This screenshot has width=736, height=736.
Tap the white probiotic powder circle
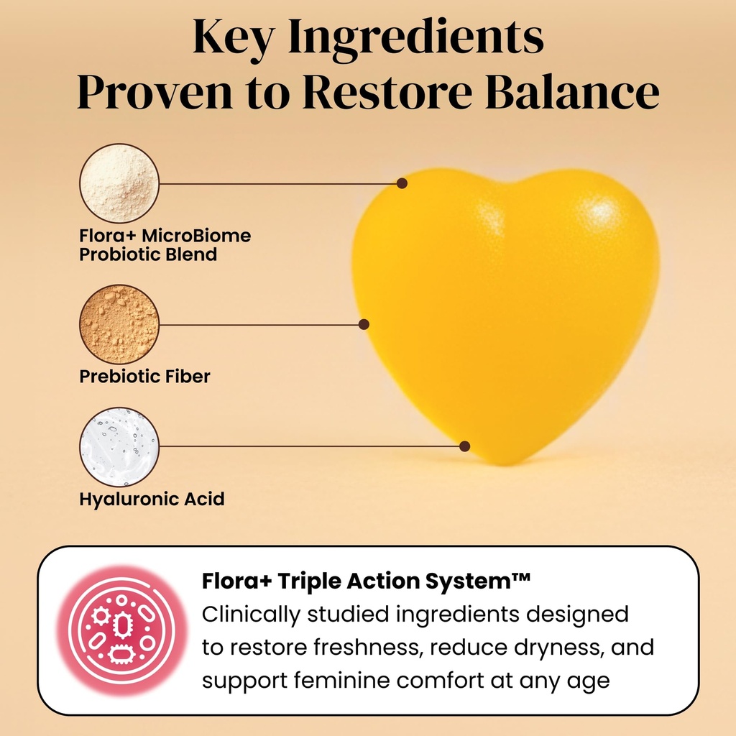[x=119, y=183]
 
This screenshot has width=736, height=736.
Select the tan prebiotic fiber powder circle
[x=119, y=324]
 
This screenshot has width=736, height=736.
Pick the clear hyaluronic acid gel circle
[x=119, y=446]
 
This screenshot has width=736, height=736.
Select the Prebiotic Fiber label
[x=144, y=377]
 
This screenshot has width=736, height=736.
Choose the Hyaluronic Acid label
[x=152, y=499]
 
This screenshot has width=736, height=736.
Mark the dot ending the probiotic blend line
[x=402, y=183]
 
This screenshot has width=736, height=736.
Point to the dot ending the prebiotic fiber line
[x=364, y=324]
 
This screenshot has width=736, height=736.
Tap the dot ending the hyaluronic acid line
[x=464, y=446]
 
